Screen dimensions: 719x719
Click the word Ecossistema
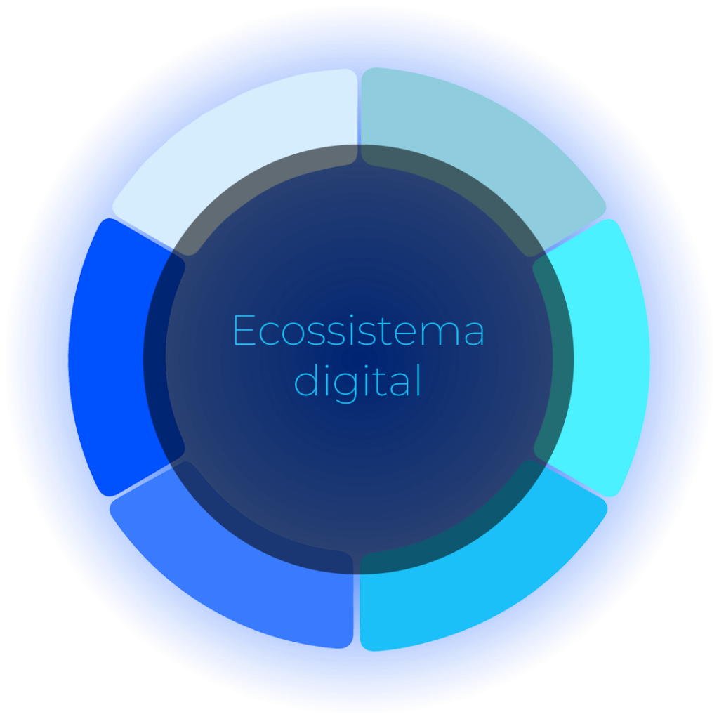359,330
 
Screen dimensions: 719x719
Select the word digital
357,381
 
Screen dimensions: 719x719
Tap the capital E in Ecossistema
244,330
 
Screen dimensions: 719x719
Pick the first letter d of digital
306,380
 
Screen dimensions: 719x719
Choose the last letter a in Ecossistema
474,334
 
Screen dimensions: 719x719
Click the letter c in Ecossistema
269,334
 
